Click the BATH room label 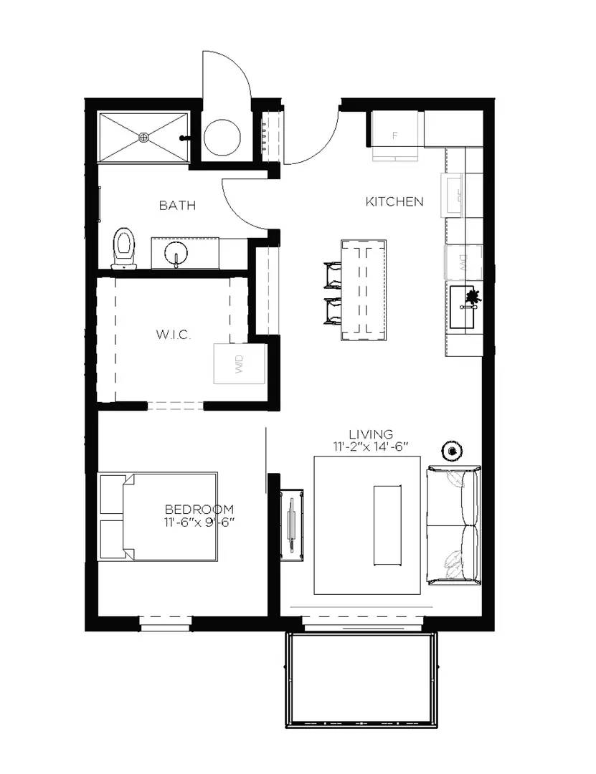coord(177,206)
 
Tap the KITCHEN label coord(394,202)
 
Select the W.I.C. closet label coord(174,335)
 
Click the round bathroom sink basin coord(176,254)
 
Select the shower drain coord(144,136)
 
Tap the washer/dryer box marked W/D coord(239,365)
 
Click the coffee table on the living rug coord(387,526)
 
